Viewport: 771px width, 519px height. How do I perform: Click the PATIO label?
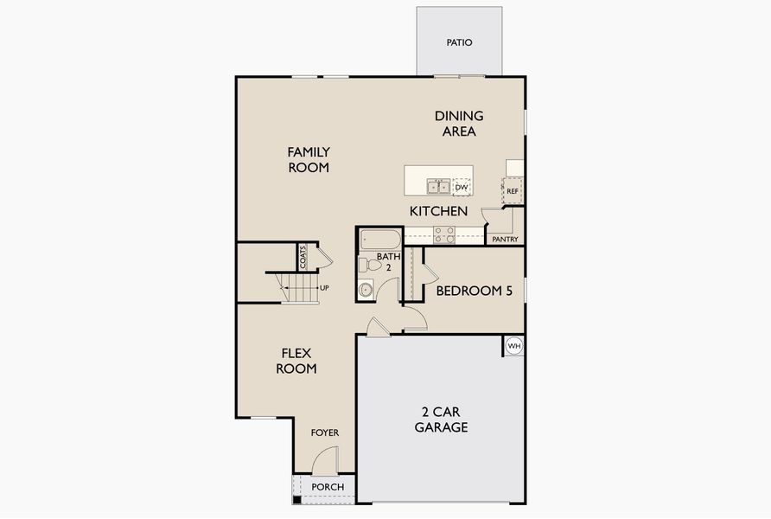(x=459, y=42)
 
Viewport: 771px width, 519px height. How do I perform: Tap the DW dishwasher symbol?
(x=462, y=187)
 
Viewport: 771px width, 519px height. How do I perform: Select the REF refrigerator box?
(x=513, y=191)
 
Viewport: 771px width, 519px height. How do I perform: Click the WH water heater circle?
(x=514, y=346)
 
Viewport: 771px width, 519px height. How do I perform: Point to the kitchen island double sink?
(x=438, y=186)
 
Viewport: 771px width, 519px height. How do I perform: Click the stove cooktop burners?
(x=444, y=234)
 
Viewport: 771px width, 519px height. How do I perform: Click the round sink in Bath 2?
(x=366, y=289)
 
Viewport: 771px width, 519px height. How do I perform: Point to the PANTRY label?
(x=505, y=239)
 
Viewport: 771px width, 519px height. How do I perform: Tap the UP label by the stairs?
(x=324, y=287)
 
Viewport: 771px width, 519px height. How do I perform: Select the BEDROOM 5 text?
(x=474, y=292)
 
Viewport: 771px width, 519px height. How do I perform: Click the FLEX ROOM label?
(x=296, y=361)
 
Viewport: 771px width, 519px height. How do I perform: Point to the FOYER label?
(x=325, y=432)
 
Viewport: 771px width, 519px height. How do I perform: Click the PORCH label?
(x=328, y=487)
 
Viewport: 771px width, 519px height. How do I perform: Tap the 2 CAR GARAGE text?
(x=441, y=420)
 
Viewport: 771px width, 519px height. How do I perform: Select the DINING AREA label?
(x=459, y=124)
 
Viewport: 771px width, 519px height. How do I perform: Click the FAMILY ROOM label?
(x=309, y=160)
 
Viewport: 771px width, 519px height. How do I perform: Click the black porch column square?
(x=297, y=499)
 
